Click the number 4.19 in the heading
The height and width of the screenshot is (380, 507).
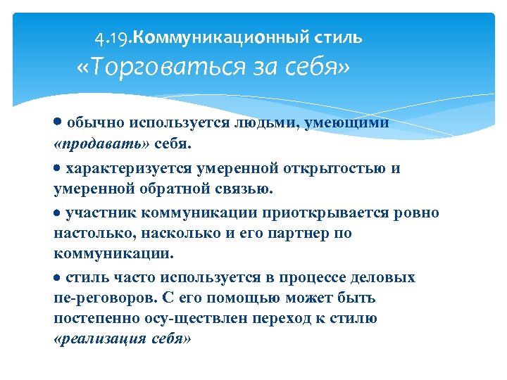[x=113, y=38]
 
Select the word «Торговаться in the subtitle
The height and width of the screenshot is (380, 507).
[x=138, y=68]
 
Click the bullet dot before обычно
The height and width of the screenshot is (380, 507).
[x=58, y=121]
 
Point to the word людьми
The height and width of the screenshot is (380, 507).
[x=267, y=123]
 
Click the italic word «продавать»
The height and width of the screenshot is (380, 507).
[x=96, y=144]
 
